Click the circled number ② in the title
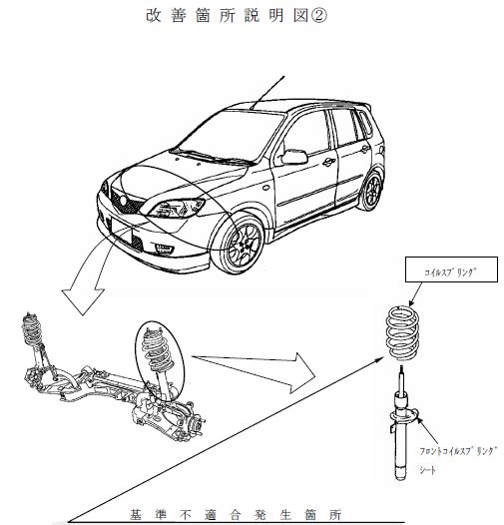(318, 15)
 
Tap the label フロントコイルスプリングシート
(457, 460)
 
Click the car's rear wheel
(371, 192)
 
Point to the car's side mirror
(294, 157)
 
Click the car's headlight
(177, 208)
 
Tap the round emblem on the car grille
(124, 201)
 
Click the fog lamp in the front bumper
(165, 249)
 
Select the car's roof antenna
(267, 93)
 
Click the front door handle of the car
(329, 163)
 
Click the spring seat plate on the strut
(404, 417)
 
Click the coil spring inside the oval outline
(156, 350)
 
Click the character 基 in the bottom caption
(136, 515)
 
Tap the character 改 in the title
(154, 15)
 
